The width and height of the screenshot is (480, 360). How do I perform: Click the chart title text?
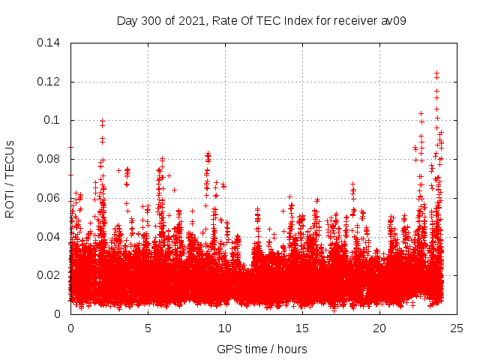click(262, 20)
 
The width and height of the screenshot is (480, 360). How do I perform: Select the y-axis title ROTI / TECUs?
click(10, 178)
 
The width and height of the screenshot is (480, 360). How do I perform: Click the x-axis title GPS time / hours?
click(262, 349)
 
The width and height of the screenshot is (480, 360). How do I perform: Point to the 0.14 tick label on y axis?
click(51, 43)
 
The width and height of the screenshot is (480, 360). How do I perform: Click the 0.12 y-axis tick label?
click(51, 82)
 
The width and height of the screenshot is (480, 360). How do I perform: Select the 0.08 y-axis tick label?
click(51, 159)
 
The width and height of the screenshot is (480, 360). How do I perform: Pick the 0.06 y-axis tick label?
click(51, 198)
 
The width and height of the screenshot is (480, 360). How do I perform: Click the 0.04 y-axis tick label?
click(51, 237)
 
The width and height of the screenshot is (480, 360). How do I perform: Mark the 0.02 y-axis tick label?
click(51, 275)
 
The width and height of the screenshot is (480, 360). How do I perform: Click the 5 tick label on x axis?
click(148, 328)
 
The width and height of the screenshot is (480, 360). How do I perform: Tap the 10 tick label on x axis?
click(225, 328)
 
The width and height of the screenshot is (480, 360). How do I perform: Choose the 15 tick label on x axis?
click(302, 328)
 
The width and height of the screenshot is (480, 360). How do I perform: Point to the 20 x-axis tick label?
click(379, 328)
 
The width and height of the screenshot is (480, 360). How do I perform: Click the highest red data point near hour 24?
click(436, 73)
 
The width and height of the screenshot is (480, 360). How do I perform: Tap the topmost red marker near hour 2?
click(102, 121)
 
